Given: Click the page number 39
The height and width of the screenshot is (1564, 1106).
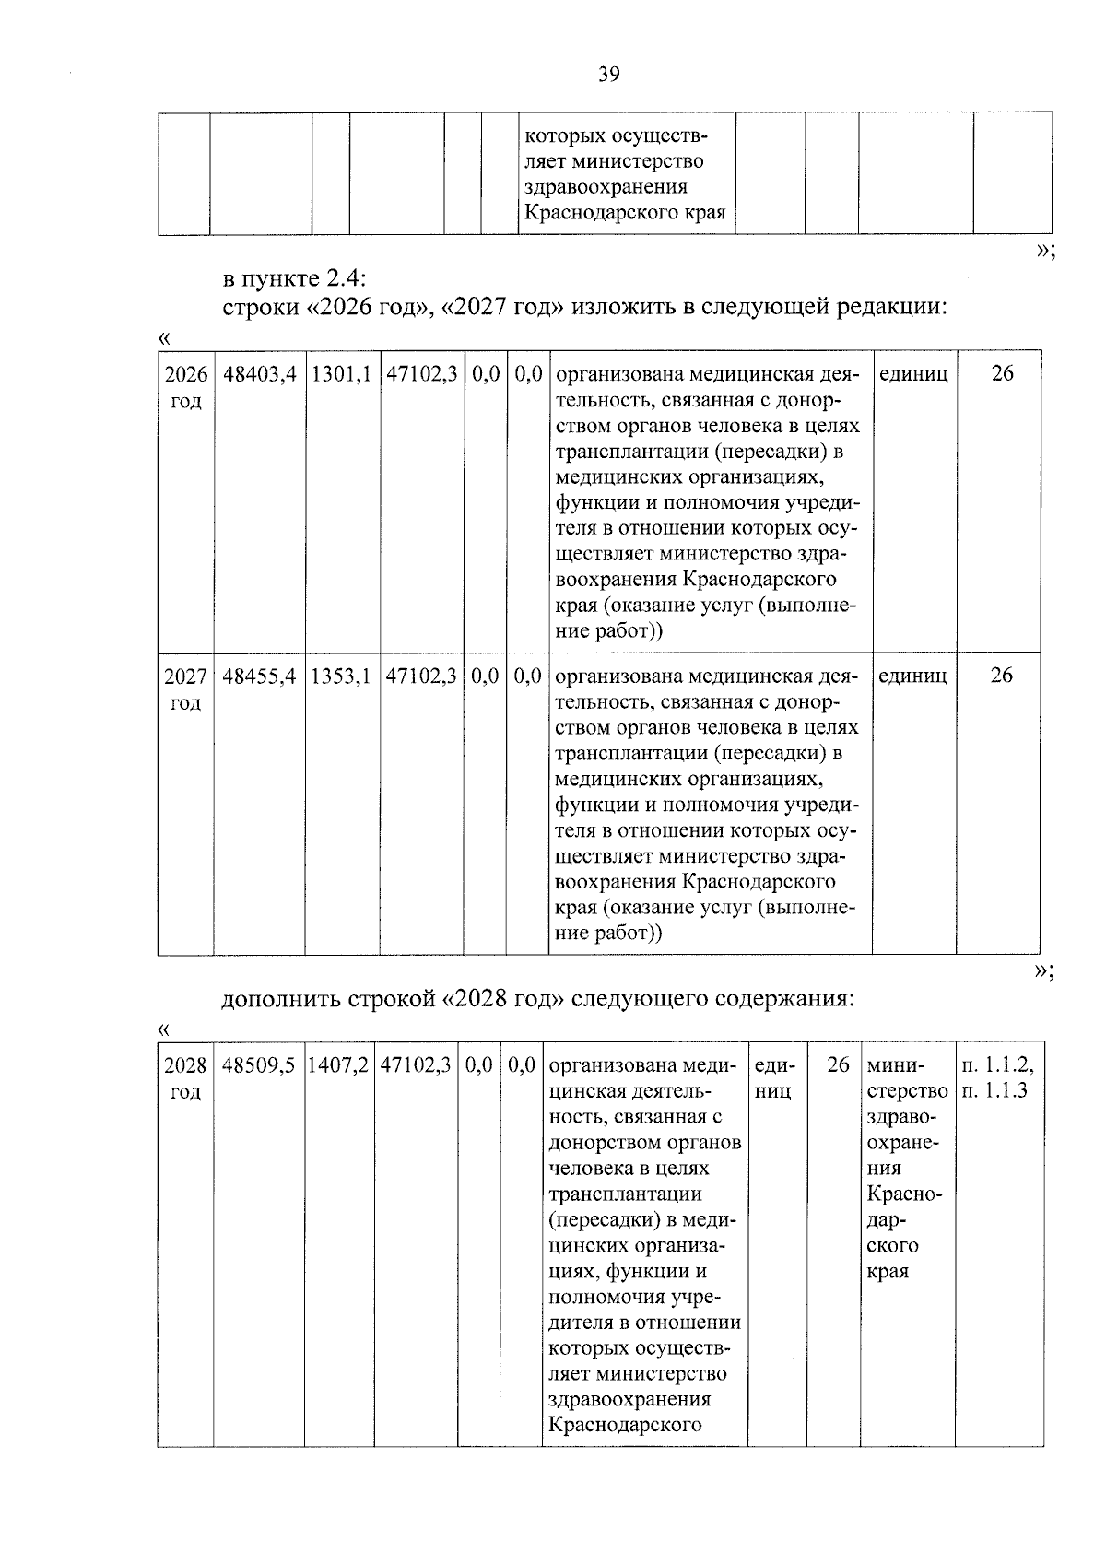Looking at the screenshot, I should tap(608, 75).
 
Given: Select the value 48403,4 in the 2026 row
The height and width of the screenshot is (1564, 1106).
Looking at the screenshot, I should tap(259, 375).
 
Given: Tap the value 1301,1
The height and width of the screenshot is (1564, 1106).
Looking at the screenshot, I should tap(341, 375).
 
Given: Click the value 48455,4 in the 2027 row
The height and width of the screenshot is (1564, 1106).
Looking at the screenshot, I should tap(259, 676).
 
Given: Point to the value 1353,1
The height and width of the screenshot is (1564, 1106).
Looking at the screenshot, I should tap(341, 676).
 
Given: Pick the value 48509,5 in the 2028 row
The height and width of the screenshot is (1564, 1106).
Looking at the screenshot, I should tap(259, 1066).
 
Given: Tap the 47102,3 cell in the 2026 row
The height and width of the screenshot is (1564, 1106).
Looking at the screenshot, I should tap(421, 375).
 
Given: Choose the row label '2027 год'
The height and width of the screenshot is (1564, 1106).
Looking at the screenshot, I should tap(185, 689).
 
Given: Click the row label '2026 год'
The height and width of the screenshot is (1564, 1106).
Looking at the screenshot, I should tap(185, 388).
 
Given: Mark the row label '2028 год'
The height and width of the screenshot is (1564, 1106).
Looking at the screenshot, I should tap(185, 1079).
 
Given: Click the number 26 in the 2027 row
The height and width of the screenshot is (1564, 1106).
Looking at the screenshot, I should tap(1001, 676).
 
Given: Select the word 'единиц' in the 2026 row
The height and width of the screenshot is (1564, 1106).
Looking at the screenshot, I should tap(913, 375).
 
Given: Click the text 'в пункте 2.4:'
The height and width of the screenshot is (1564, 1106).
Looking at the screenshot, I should tap(294, 278).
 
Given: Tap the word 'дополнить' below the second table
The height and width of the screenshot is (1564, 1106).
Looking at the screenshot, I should tap(279, 999).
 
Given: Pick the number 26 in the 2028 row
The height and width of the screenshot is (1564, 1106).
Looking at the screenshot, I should tap(838, 1066).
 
